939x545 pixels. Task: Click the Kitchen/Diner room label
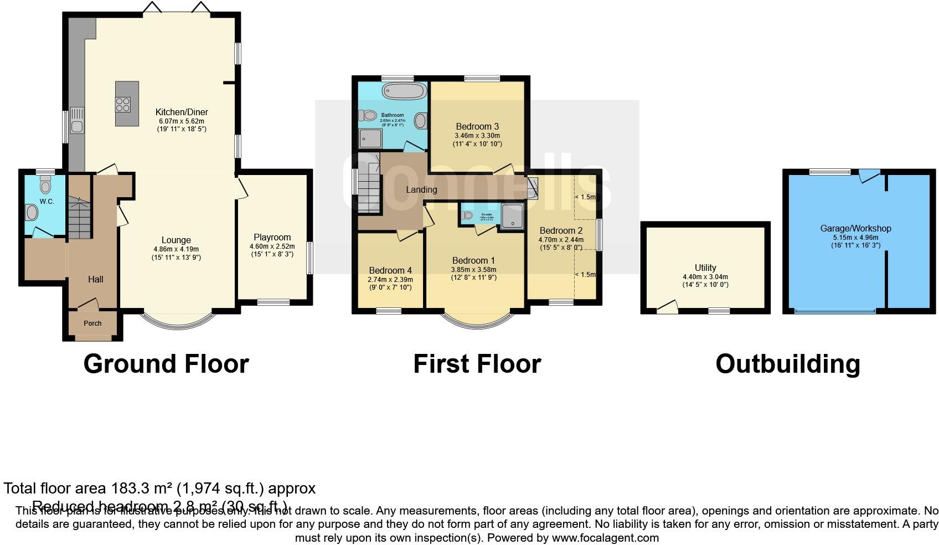tap(182, 112)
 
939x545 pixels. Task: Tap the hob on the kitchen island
tap(123, 105)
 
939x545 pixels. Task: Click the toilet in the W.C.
tap(45, 186)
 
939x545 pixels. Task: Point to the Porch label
tap(92, 323)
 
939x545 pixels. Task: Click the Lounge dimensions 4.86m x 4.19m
tap(176, 249)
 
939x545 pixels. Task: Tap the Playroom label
tap(272, 238)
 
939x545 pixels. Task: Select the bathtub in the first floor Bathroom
tap(404, 90)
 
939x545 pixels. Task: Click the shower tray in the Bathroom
tap(370, 138)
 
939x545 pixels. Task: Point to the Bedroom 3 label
tap(477, 126)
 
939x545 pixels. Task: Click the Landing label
tap(421, 189)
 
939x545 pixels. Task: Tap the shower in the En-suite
tap(512, 216)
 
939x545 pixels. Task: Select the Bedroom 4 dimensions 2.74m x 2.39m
tap(390, 280)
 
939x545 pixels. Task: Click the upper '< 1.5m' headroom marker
tap(585, 197)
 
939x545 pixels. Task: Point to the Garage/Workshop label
tap(855, 228)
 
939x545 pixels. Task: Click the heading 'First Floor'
tap(477, 364)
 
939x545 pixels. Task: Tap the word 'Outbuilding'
tap(787, 364)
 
